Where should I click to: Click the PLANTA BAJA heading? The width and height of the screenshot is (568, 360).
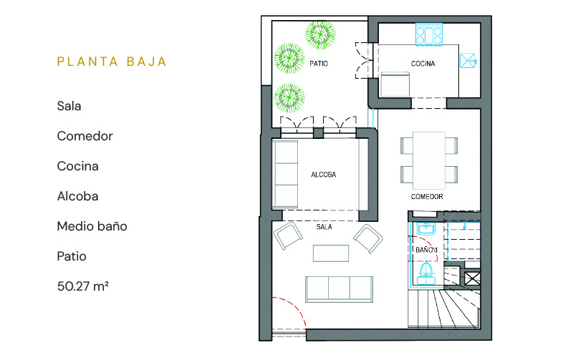pyautogui.click(x=112, y=62)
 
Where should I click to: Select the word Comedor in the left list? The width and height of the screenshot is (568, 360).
pyautogui.click(x=85, y=136)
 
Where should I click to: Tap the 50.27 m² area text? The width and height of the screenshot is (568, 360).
pyautogui.click(x=82, y=286)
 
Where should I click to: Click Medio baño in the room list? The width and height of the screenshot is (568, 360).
pyautogui.click(x=92, y=226)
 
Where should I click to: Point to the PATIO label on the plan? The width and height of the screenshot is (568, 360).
pyautogui.click(x=319, y=64)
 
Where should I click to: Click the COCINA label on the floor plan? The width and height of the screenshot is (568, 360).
pyautogui.click(x=423, y=64)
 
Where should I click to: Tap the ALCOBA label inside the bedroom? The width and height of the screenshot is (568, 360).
pyautogui.click(x=324, y=175)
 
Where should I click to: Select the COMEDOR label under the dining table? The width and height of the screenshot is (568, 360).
pyautogui.click(x=427, y=197)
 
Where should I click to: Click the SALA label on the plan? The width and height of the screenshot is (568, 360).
pyautogui.click(x=324, y=227)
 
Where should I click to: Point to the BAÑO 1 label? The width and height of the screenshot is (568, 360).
pyautogui.click(x=426, y=250)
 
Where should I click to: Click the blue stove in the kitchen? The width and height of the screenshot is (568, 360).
pyautogui.click(x=429, y=35)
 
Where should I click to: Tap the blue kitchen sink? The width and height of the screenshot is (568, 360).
pyautogui.click(x=468, y=61)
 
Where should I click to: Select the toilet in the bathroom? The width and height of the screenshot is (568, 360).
pyautogui.click(x=426, y=274)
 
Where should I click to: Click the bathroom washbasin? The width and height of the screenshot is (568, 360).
pyautogui.click(x=426, y=228)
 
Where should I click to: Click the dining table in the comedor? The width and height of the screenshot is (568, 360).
pyautogui.click(x=429, y=160)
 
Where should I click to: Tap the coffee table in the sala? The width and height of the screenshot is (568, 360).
pyautogui.click(x=331, y=253)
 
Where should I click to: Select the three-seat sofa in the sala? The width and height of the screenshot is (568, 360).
pyautogui.click(x=339, y=289)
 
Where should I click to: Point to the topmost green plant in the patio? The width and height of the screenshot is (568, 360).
pyautogui.click(x=320, y=35)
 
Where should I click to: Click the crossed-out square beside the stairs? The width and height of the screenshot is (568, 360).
pyautogui.click(x=472, y=278)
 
